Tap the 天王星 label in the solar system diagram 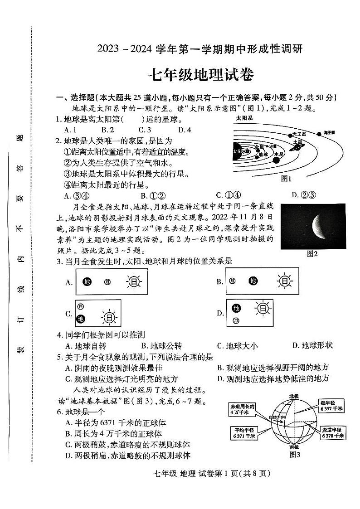click(299, 134)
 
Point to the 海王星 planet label click(328, 133)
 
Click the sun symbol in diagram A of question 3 click(134, 282)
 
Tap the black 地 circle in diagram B click(253, 281)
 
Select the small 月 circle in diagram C click(81, 307)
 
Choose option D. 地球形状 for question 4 click(312, 345)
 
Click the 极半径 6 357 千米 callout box click(331, 406)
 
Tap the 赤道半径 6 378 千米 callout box click(331, 432)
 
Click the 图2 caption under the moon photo click(312, 254)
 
